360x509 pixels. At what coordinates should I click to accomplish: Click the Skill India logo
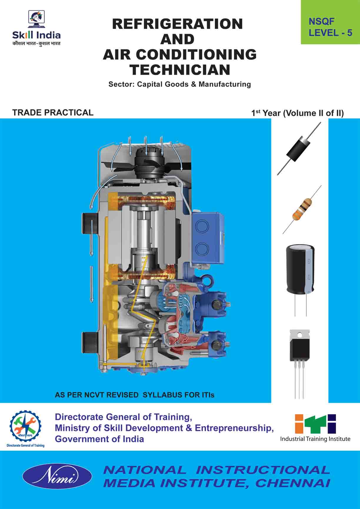point(36,28)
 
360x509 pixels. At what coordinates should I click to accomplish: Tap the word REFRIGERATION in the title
point(178,24)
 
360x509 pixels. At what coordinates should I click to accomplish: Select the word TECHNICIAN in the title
point(180,70)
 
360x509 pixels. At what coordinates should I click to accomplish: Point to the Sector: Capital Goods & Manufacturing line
point(180,84)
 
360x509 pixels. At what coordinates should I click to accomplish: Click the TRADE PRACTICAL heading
point(53,112)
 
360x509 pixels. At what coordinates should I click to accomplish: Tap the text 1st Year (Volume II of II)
point(297,113)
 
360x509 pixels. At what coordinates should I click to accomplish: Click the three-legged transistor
point(300,350)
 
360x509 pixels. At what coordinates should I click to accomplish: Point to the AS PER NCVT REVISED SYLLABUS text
point(134,395)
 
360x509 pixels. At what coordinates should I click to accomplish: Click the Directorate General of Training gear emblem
point(26,425)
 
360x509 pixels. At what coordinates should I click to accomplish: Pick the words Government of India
point(99,439)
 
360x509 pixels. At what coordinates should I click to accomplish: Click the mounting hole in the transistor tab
point(300,335)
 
